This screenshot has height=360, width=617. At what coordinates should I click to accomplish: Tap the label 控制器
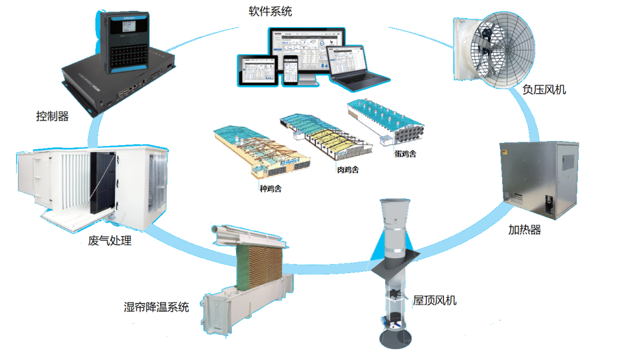click(x=52, y=117)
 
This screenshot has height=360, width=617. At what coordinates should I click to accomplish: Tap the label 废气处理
click(x=110, y=241)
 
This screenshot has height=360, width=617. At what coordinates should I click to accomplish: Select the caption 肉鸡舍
click(x=347, y=170)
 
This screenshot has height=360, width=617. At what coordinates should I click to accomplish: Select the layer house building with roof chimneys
click(x=385, y=122)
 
